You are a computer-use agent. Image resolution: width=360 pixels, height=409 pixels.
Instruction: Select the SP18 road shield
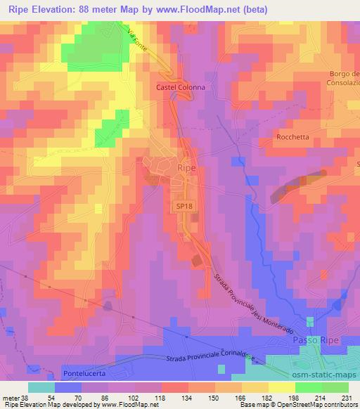tap(183, 204)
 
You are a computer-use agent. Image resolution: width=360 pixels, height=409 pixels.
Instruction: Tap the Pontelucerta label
tap(83, 372)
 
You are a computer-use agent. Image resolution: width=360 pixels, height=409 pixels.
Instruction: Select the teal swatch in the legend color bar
tap(42, 387)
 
